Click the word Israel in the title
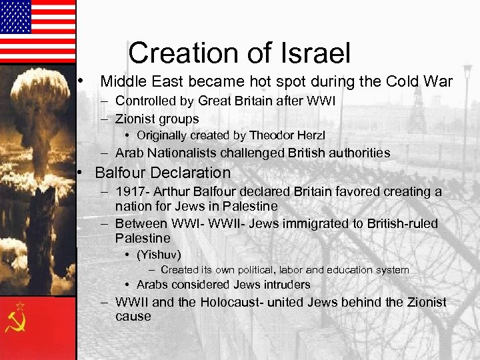click(313, 52)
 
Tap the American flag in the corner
click(37, 31)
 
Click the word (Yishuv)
click(159, 255)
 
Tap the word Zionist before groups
click(137, 119)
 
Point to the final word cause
click(133, 316)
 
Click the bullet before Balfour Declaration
click(79, 172)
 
